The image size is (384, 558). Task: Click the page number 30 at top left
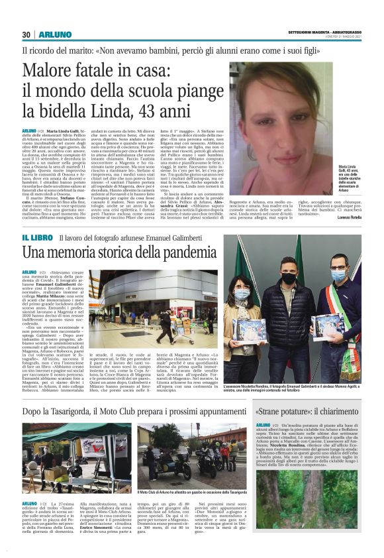pos(26,34)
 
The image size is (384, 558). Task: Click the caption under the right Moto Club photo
pos(191,493)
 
